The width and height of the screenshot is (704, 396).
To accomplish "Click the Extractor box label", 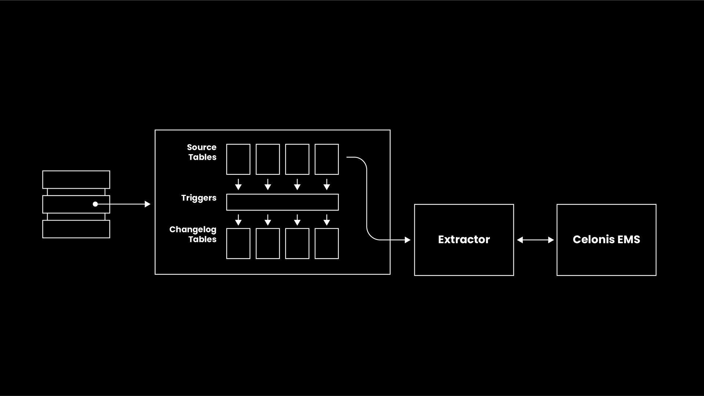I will pos(464,240).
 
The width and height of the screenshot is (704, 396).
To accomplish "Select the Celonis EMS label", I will pos(606,240).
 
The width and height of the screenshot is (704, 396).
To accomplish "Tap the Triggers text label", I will pos(199,198).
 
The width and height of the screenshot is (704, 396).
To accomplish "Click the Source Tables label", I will pos(202,152).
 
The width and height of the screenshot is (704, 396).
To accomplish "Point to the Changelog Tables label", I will pos(193,234).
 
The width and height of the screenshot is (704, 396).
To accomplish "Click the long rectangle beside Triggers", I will pos(282,202).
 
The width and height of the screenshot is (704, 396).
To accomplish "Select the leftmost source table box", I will pos(238,159).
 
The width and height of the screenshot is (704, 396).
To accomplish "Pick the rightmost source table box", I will pos(327,159).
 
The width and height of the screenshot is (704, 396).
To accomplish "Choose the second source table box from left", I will pos(268,159).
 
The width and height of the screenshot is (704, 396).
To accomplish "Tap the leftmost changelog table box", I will pos(238,244).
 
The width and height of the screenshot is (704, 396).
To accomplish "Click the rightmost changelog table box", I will pos(327,244).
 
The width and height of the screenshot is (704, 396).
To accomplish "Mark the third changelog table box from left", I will pos(297,244).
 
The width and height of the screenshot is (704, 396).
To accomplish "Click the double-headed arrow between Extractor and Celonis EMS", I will pos(535,240).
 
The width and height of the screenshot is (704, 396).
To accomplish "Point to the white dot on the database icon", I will pos(95,204).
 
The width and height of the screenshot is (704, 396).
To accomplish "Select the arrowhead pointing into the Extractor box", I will pos(407,240).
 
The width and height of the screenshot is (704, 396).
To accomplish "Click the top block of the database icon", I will pos(76,180).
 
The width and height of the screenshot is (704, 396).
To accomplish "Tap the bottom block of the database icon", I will pos(76,229).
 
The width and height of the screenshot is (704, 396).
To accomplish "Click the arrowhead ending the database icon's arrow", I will pos(148,204).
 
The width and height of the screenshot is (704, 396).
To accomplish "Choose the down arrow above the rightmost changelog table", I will pos(327,220).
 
